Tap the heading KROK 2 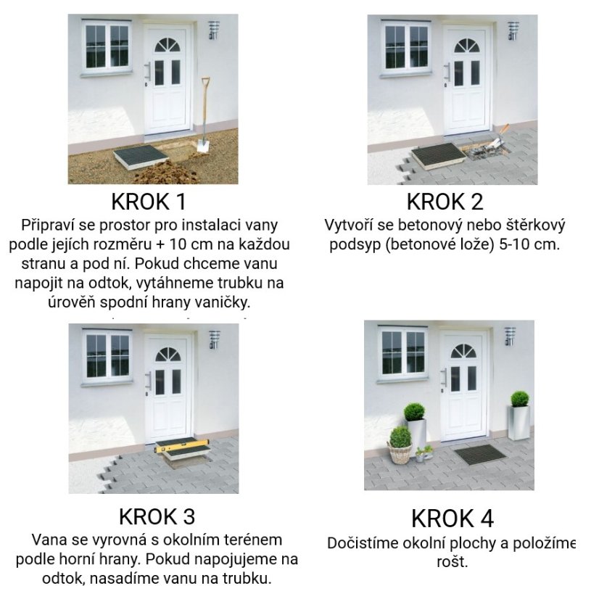(x=445, y=202)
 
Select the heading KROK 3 (x=157, y=517)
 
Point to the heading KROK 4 (x=452, y=519)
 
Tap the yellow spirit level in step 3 (x=181, y=447)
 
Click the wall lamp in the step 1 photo (x=214, y=30)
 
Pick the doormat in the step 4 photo (x=479, y=454)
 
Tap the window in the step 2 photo (x=405, y=46)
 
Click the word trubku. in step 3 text (x=247, y=579)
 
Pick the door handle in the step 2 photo (x=448, y=73)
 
